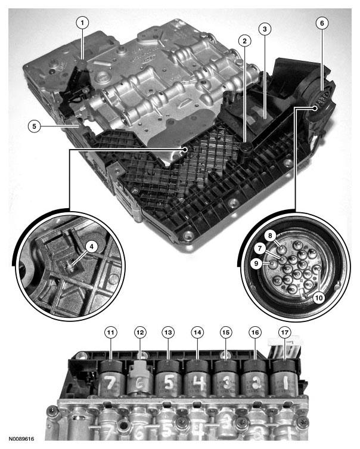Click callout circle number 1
82,23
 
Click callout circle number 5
35,126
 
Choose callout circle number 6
322,23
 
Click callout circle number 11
110,332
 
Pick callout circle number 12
139,332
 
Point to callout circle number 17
284,332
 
